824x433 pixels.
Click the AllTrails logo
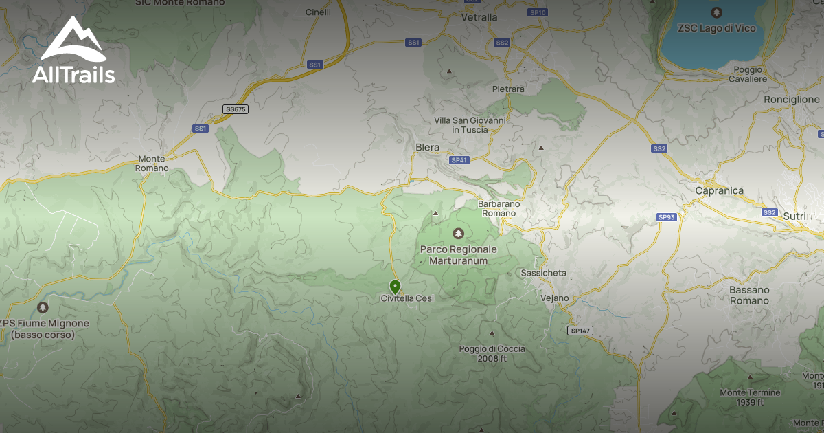(73, 51)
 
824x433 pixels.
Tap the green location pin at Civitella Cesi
(395, 287)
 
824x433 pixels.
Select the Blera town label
(427, 147)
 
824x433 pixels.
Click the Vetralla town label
(479, 16)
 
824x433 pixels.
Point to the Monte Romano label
(151, 163)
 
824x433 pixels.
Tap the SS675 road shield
(236, 109)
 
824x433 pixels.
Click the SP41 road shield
(459, 160)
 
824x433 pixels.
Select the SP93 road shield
(666, 217)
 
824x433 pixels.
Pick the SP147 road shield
(581, 331)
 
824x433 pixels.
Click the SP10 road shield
(538, 12)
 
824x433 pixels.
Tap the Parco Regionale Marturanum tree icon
(458, 233)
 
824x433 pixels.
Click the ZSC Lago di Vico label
(716, 28)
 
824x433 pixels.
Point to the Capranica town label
(719, 190)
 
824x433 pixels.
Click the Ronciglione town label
(791, 99)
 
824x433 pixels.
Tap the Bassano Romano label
(749, 296)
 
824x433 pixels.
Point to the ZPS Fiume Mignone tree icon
(43, 307)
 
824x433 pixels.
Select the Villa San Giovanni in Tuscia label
(470, 124)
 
